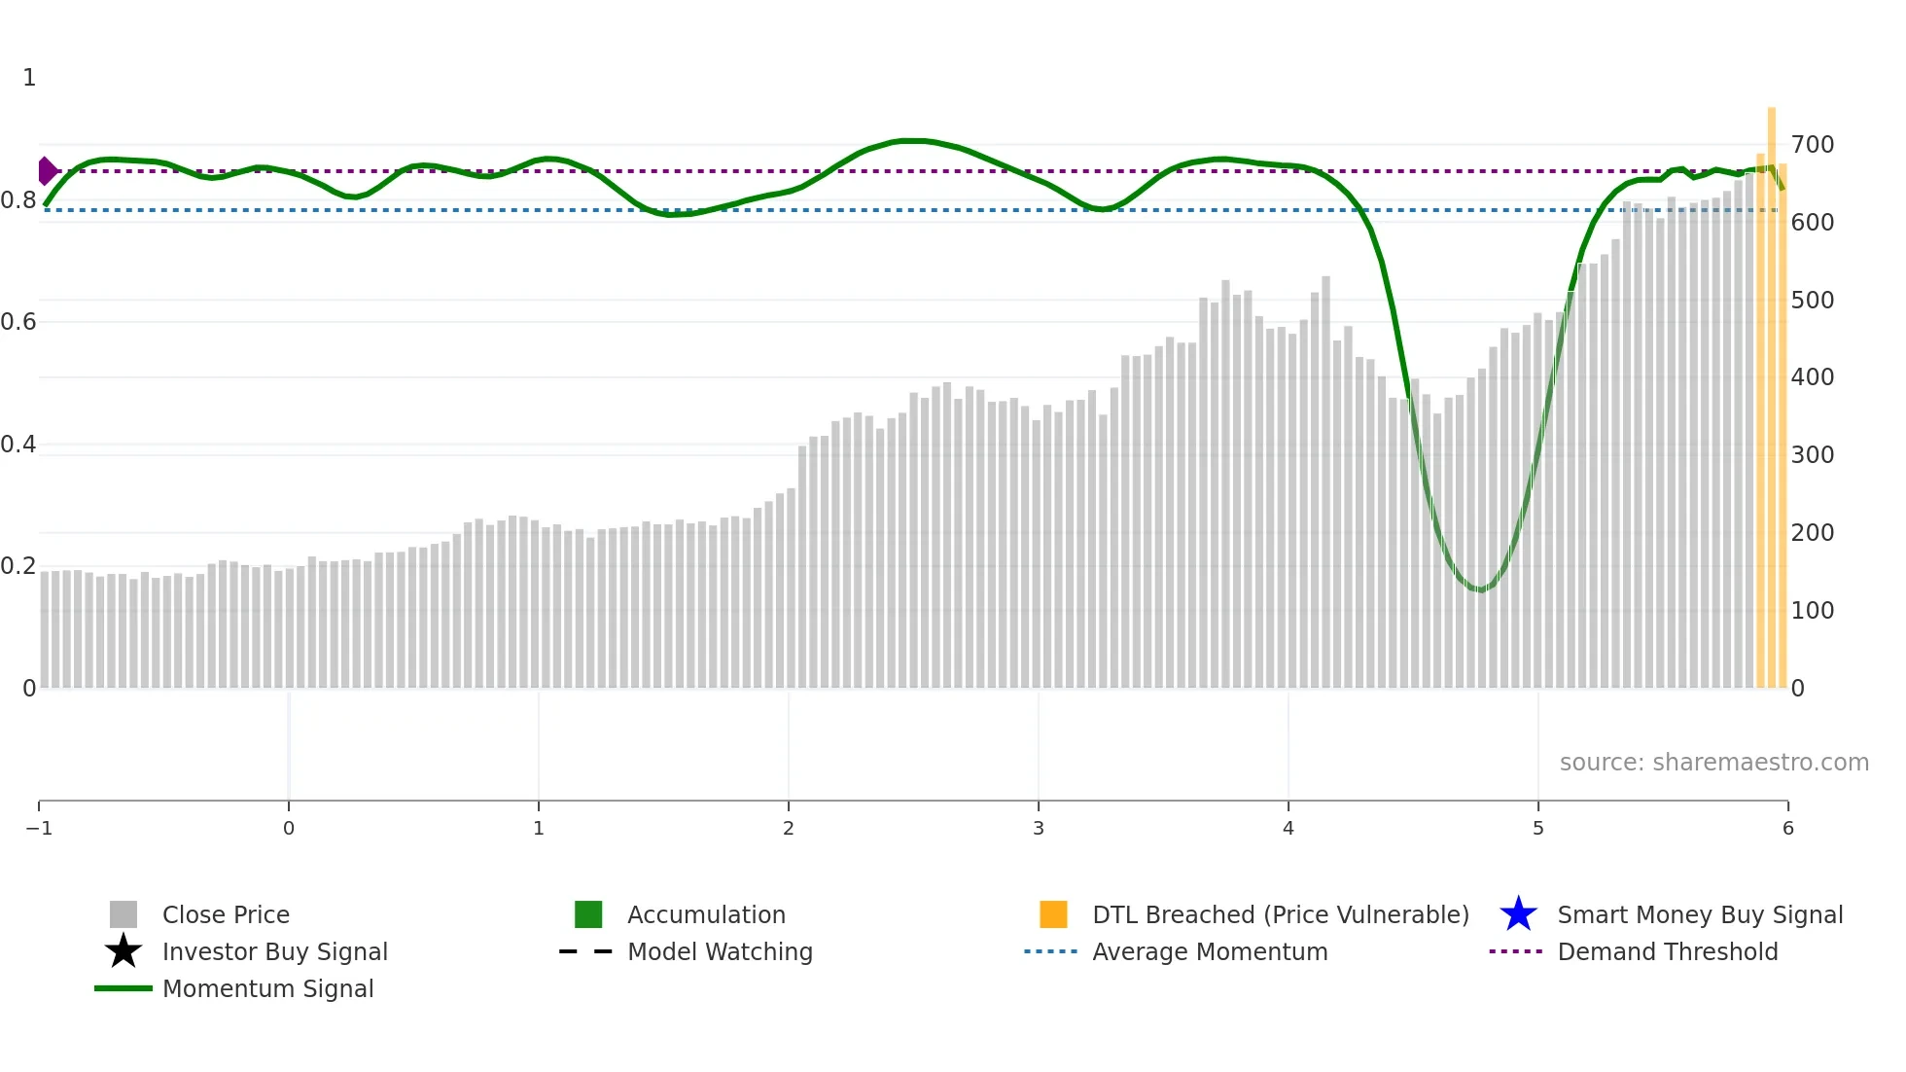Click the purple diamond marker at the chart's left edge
click(47, 171)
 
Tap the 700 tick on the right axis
click(1813, 145)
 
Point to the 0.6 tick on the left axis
click(18, 322)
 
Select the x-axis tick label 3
click(1039, 829)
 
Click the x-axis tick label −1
click(39, 829)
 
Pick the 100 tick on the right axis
click(1813, 611)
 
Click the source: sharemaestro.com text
click(1713, 763)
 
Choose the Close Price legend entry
click(226, 915)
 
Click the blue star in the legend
click(1518, 914)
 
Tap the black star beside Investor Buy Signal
click(124, 951)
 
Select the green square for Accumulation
click(588, 914)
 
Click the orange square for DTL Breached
click(1053, 914)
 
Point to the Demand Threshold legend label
click(1667, 952)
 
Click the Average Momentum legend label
click(1210, 952)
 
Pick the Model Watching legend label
click(720, 952)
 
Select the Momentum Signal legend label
click(267, 989)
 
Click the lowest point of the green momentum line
click(1479, 590)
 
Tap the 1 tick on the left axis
click(29, 78)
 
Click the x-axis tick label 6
click(1787, 829)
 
